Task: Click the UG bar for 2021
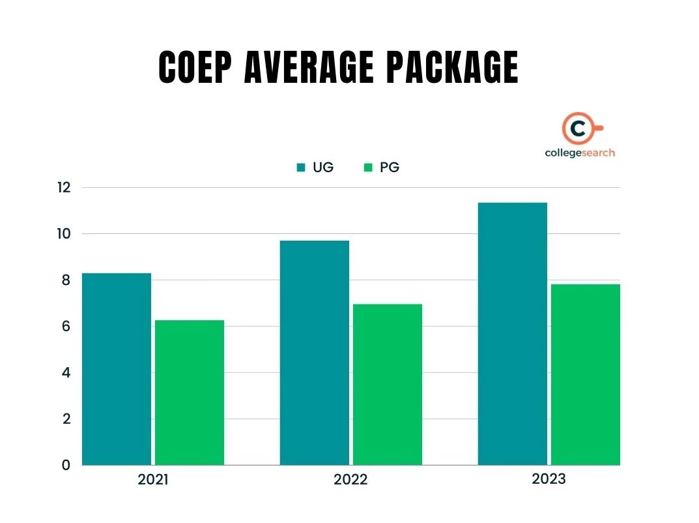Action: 117,368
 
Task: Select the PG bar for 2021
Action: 190,392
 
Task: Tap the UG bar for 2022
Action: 315,352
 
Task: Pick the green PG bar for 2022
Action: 388,384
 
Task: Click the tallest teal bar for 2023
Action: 513,333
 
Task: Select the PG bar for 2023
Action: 586,374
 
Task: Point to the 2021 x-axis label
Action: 153,480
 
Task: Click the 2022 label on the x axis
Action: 350,480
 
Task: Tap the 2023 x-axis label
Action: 549,479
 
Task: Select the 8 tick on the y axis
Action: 66,280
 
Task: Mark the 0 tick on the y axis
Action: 66,465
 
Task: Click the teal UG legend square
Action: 301,168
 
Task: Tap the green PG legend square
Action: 367,168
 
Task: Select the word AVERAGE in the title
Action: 309,67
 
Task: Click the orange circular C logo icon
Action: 577,129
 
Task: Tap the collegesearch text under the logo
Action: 580,153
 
